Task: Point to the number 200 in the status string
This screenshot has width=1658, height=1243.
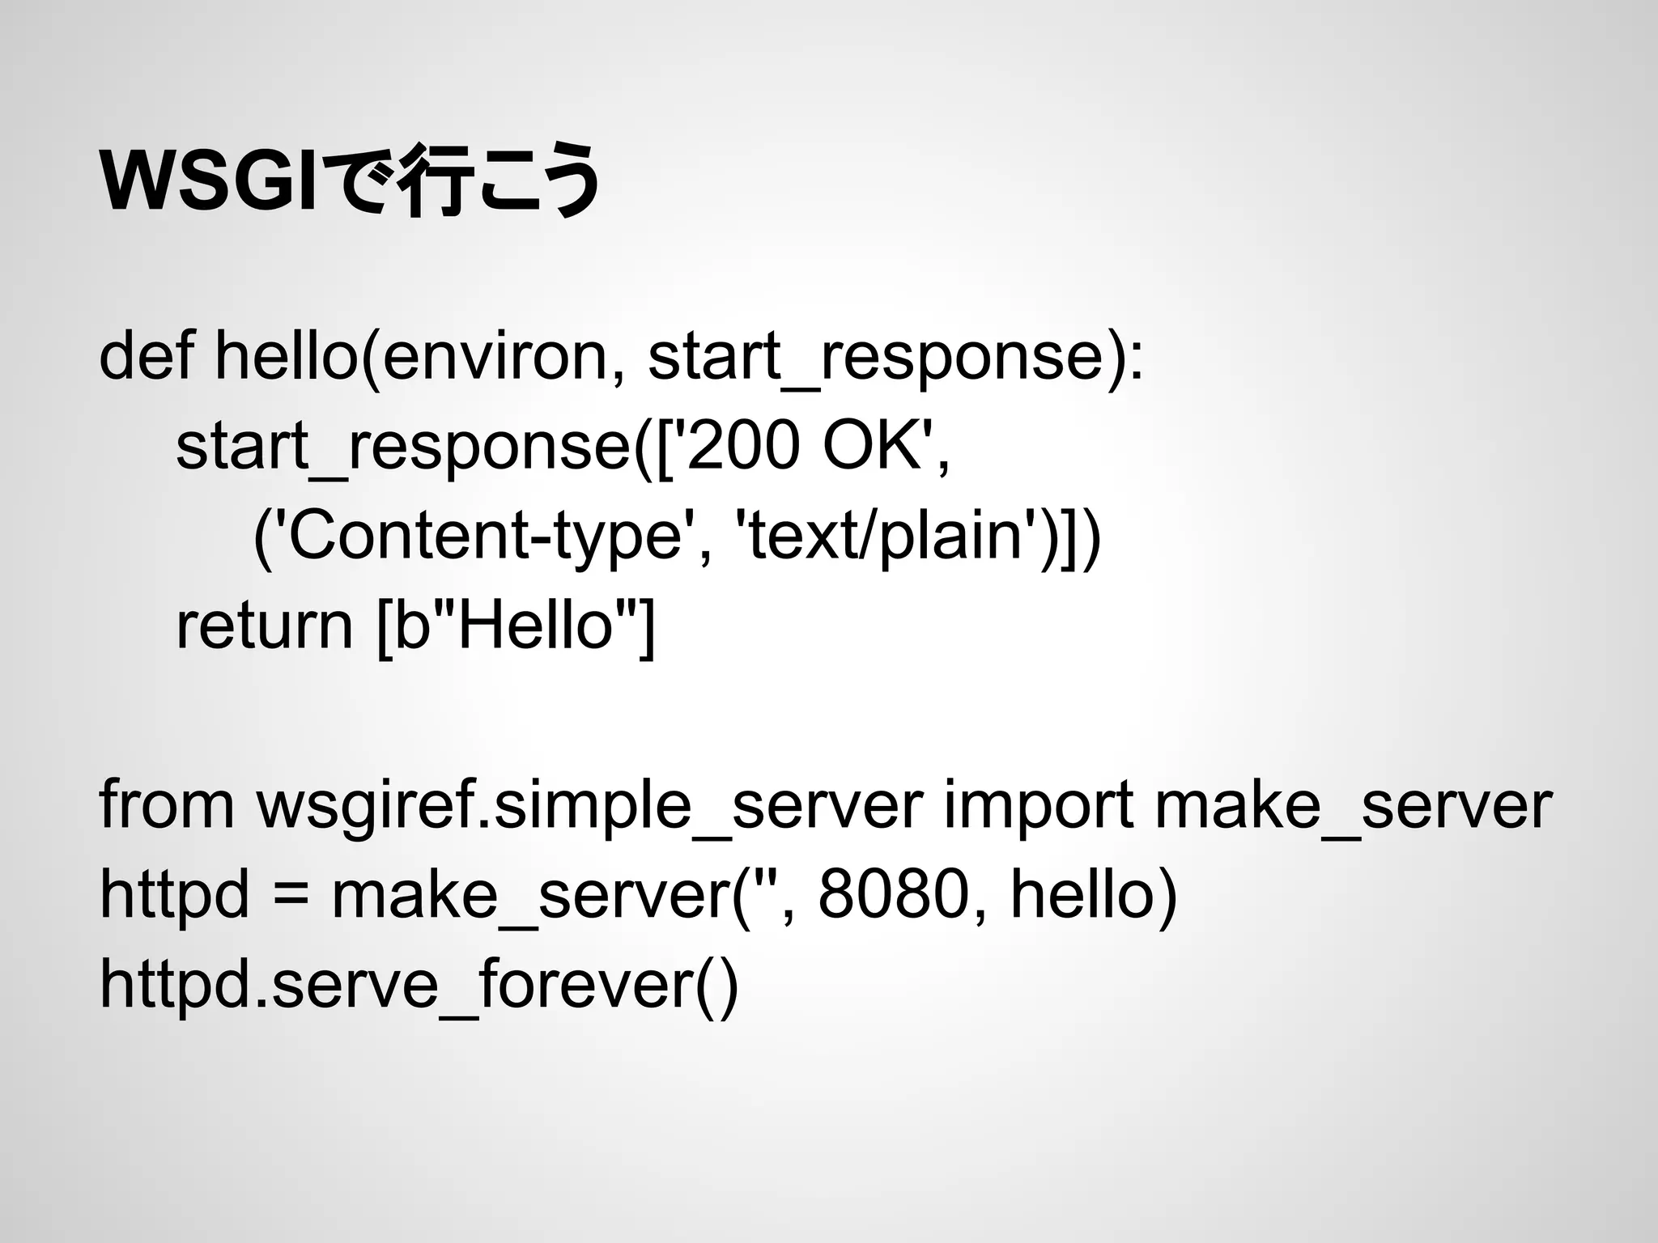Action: point(743,447)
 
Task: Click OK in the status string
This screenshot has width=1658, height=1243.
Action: point(870,447)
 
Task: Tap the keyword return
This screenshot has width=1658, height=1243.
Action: point(264,626)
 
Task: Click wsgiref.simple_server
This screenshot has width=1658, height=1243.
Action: point(589,807)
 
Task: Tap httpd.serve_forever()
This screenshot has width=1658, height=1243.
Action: point(418,985)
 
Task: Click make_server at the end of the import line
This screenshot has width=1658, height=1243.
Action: point(1352,807)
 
